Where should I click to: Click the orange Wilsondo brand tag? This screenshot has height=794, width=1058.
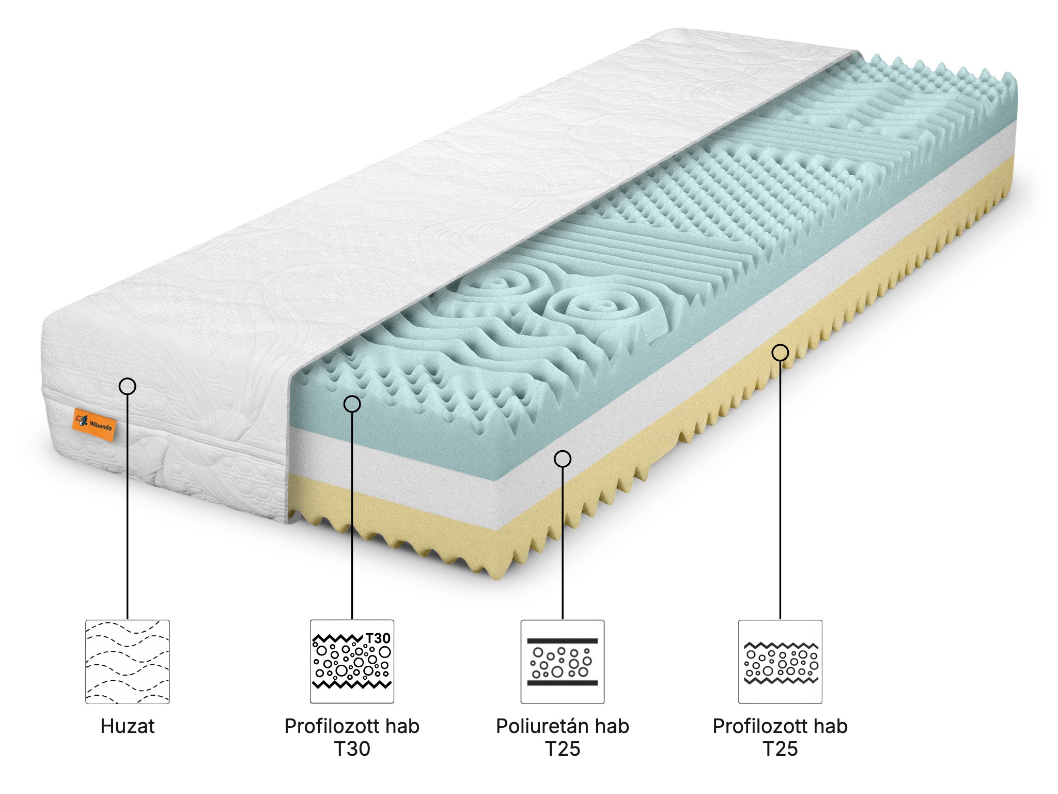93,420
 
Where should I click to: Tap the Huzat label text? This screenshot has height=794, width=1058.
128,726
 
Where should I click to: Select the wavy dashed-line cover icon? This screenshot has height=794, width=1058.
128,662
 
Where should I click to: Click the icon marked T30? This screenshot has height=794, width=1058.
352,662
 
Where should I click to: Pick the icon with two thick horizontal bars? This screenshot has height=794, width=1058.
563,662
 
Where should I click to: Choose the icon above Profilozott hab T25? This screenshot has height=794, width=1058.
780,662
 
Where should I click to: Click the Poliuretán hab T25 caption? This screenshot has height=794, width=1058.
563,737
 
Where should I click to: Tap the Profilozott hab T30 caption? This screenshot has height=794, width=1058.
352,737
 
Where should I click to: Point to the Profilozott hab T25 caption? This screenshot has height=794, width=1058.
780,737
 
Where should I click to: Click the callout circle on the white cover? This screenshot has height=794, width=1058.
127,386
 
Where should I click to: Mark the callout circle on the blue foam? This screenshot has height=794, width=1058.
352,404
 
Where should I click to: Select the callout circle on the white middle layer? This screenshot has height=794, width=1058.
563,459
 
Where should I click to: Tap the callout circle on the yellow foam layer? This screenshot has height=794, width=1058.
780,353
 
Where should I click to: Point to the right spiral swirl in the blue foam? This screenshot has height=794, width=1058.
594,309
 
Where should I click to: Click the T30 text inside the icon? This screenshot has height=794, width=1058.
378,638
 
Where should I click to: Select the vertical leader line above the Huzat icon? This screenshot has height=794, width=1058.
127,507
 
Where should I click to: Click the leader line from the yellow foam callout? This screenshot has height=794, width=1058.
780,491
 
